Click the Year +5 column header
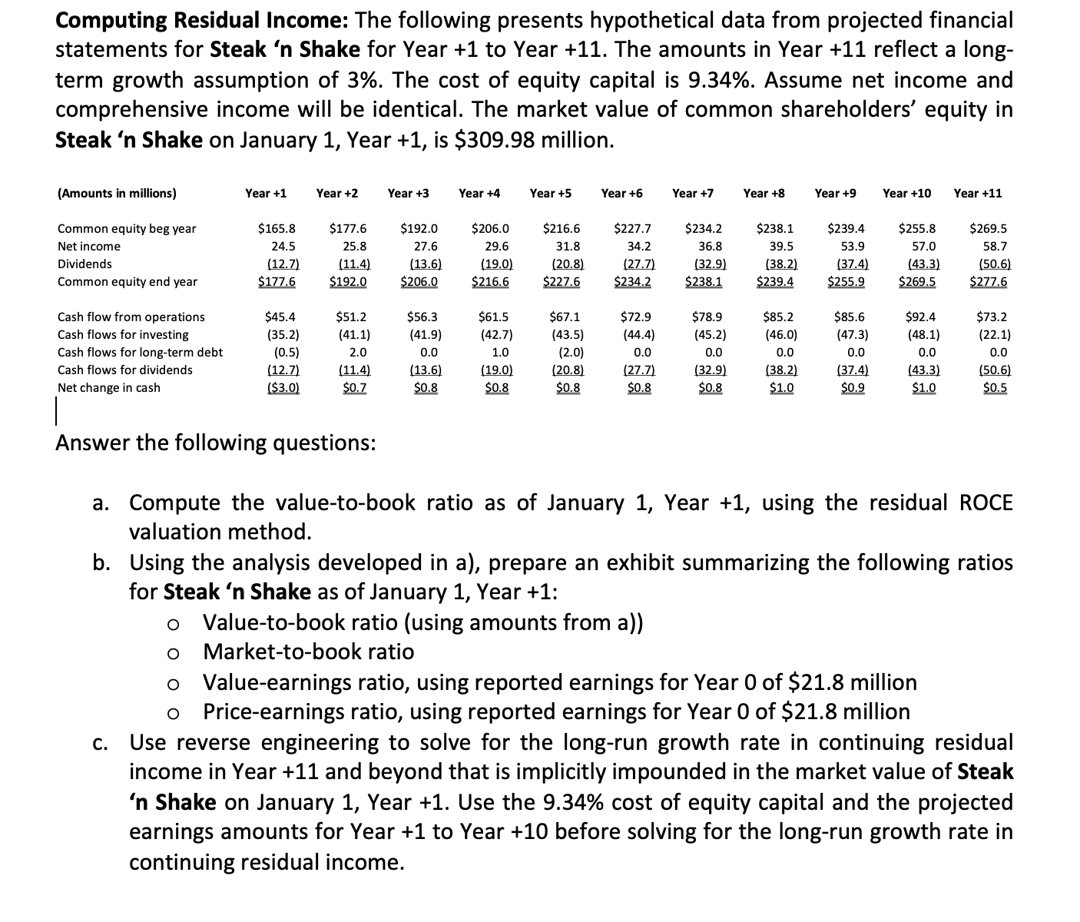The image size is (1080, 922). [x=550, y=193]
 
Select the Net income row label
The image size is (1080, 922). [x=89, y=247]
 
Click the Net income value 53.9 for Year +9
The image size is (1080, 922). [x=847, y=247]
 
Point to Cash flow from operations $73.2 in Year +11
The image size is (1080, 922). [x=991, y=317]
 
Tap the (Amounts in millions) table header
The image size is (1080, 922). [x=117, y=194]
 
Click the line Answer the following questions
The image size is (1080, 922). [x=215, y=443]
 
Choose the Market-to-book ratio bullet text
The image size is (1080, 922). [x=308, y=652]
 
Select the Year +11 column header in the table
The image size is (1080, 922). [x=977, y=193]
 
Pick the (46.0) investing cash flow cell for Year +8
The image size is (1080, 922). [x=780, y=335]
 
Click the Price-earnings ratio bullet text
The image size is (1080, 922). [x=556, y=712]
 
